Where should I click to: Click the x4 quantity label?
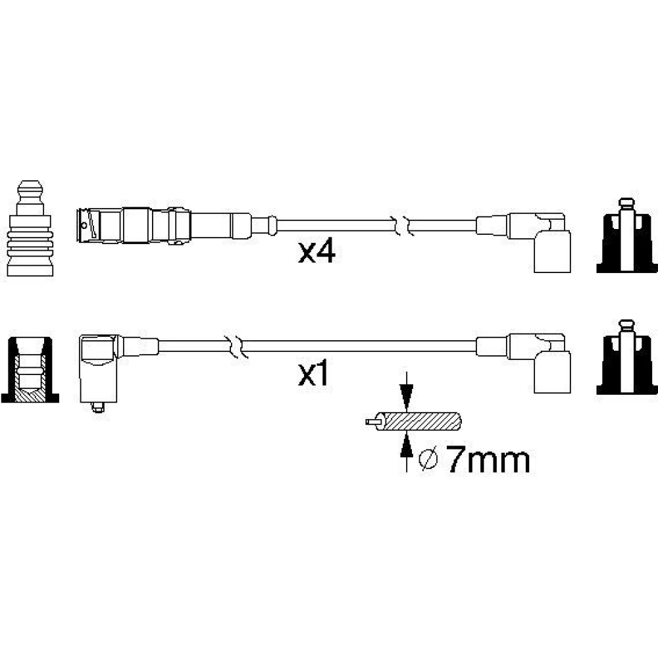click(x=316, y=252)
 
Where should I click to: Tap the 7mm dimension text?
click(x=487, y=460)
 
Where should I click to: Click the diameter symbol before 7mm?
click(x=428, y=460)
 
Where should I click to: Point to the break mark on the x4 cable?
click(x=402, y=225)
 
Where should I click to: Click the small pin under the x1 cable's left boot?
click(x=97, y=408)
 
